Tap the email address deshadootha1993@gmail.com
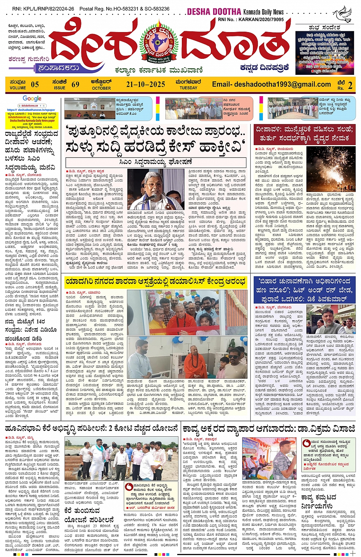coord(271,84)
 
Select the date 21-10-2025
coord(146,84)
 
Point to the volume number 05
coord(35,84)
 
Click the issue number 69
coord(76,84)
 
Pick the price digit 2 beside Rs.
coord(350,85)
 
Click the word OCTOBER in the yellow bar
coord(101,88)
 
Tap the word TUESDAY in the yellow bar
coord(188,88)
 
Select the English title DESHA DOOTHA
coord(214,12)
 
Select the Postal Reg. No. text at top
coord(125,8)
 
